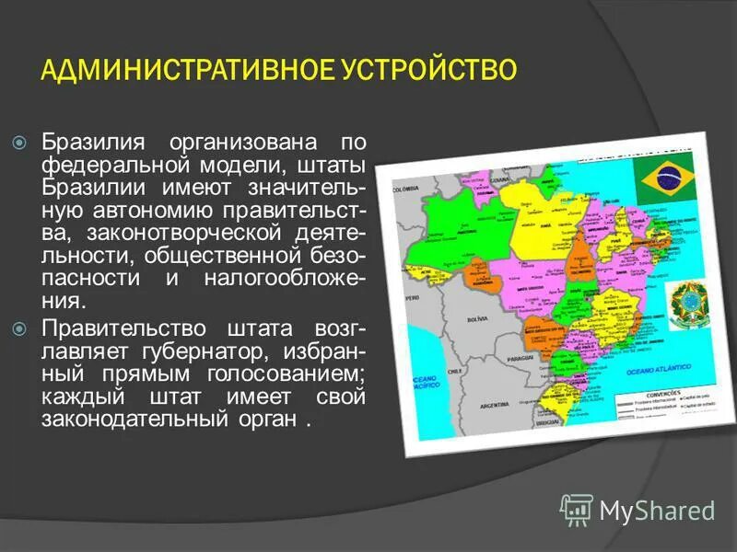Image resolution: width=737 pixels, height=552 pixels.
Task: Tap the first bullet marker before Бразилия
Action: (x=19, y=144)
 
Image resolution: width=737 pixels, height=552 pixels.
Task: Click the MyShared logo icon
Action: (x=578, y=510)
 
